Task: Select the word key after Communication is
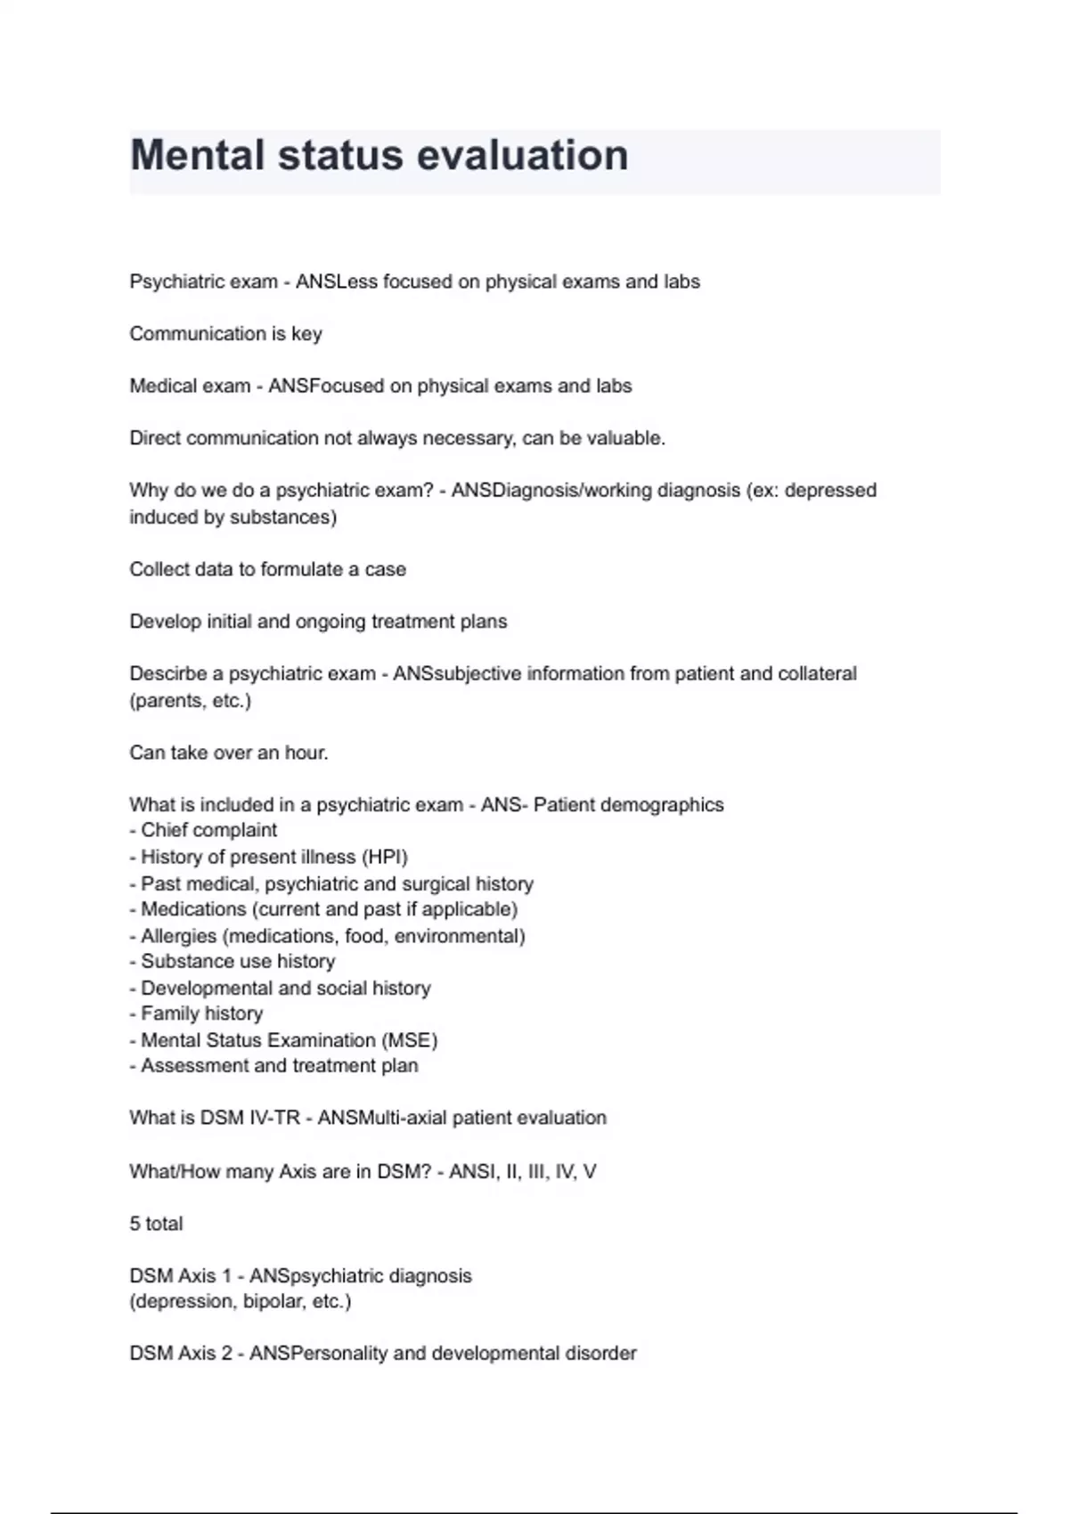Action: [x=306, y=334]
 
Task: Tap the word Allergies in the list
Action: [x=178, y=936]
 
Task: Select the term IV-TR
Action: [x=273, y=1118]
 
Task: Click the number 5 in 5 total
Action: [x=135, y=1224]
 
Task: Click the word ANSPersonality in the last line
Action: [x=318, y=1354]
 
